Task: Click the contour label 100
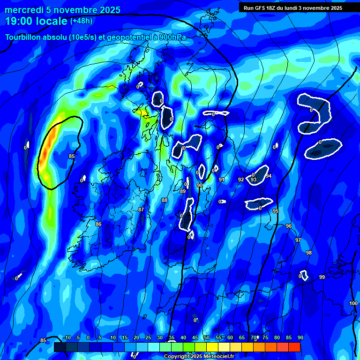353,304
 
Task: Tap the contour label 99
322,277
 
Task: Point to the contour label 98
308,253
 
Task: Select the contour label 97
298,240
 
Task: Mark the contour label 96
289,226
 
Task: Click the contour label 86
98,225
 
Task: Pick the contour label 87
141,210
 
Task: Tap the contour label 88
164,200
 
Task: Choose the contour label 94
269,176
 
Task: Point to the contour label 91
221,180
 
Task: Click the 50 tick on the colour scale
206,337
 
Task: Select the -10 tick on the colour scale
67,337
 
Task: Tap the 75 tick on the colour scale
265,337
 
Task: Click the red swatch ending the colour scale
294,347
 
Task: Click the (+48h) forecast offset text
82,21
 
